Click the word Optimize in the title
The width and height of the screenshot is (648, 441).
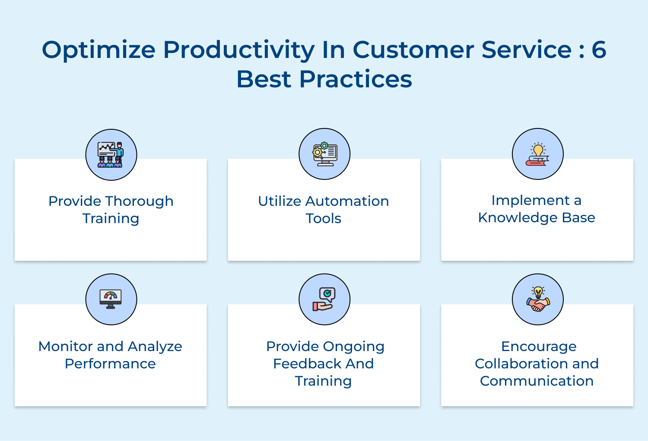98,50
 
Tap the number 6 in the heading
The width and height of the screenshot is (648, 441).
599,49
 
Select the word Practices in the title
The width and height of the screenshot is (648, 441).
356,79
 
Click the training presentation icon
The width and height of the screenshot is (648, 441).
111,154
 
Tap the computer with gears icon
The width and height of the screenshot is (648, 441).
324,154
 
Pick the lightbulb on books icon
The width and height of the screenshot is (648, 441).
537,154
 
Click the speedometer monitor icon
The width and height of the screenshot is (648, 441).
111,299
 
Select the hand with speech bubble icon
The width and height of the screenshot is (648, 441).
324,299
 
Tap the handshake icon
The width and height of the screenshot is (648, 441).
538,299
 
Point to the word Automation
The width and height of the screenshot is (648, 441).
347,201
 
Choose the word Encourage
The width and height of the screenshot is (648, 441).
538,347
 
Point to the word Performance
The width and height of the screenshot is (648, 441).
110,364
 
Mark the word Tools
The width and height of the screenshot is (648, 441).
324,218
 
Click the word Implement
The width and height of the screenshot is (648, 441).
530,201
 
